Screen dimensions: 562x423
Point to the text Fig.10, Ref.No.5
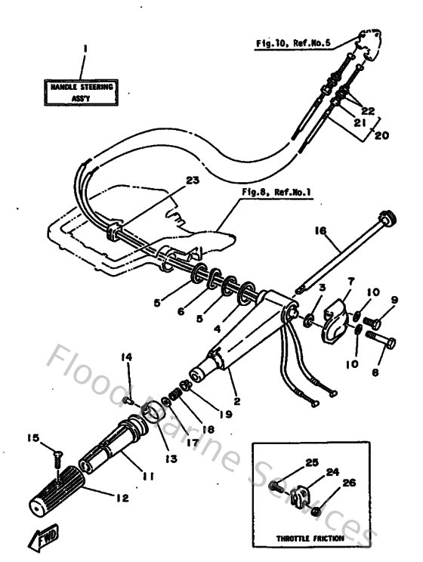(x=294, y=45)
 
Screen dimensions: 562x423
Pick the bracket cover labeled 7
(x=332, y=322)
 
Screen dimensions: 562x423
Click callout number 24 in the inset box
(x=332, y=471)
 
